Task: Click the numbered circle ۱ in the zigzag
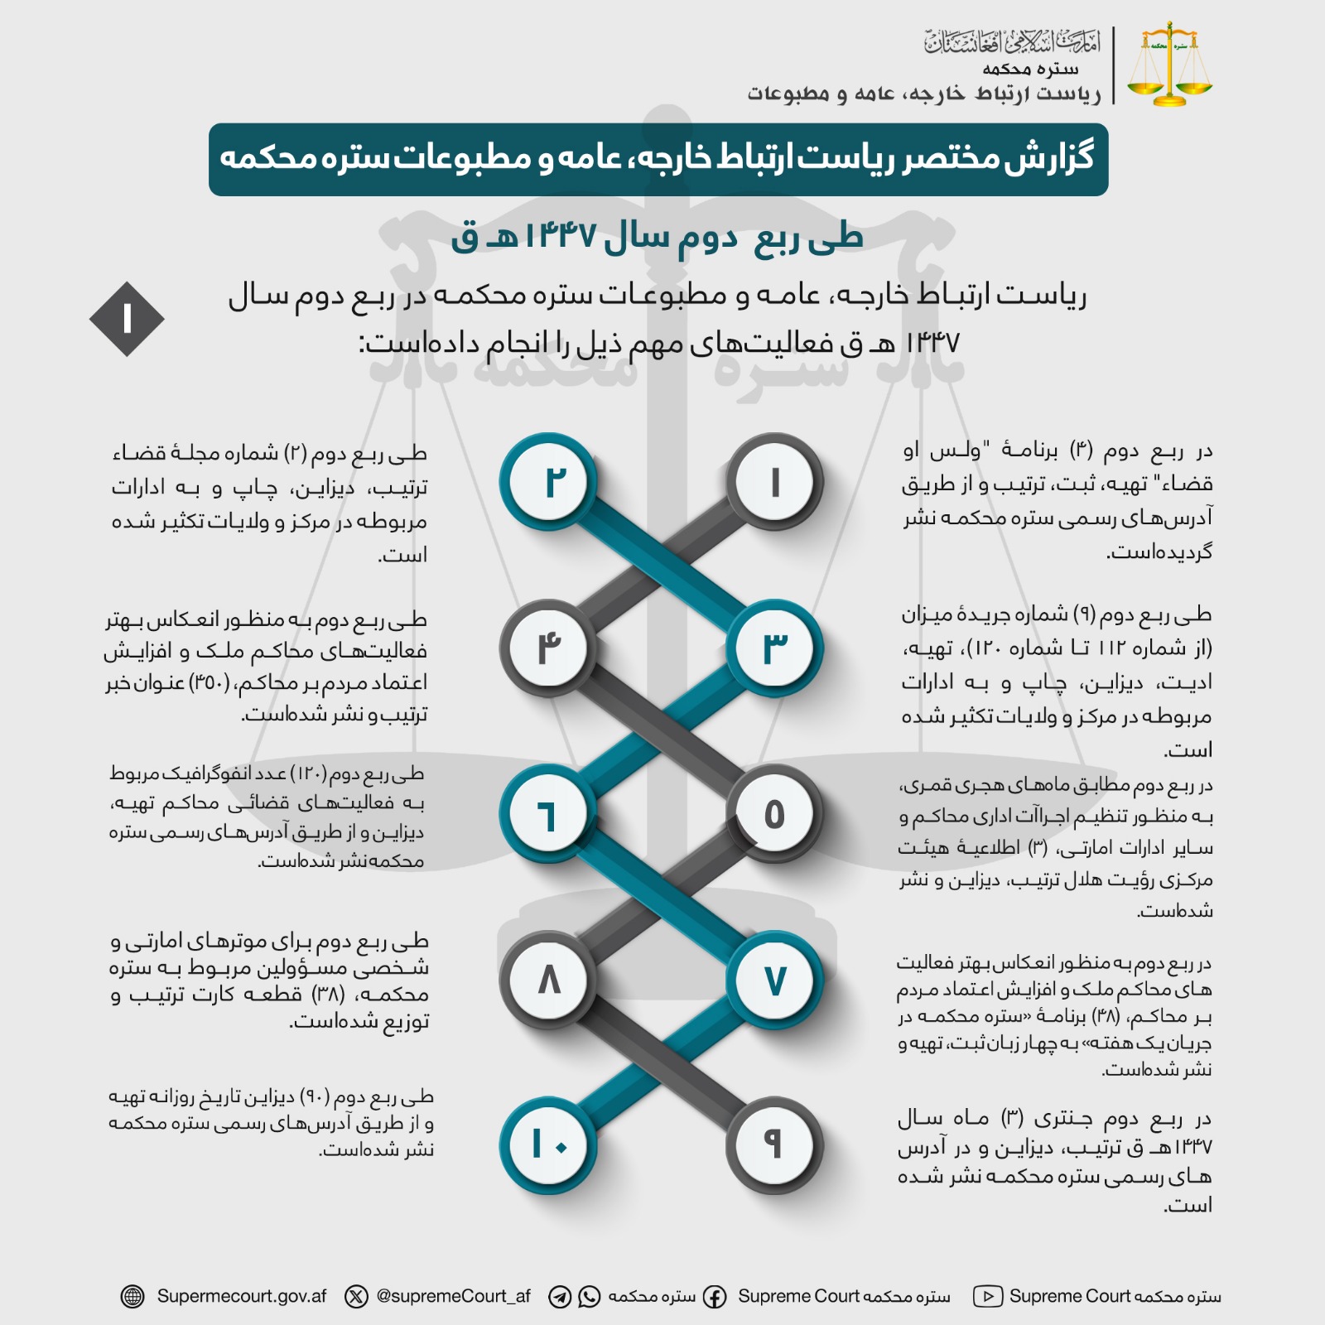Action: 775,482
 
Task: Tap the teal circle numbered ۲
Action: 548,482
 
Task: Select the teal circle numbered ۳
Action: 775,648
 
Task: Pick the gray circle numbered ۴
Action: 548,648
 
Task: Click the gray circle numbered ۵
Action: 775,815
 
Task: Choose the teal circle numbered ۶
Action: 548,815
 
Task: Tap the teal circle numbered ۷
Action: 775,980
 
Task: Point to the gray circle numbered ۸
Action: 548,980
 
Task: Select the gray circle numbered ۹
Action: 775,1145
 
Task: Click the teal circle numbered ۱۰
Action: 548,1145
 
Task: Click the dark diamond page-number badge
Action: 127,320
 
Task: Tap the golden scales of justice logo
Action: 1169,65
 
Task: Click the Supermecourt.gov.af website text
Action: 242,1296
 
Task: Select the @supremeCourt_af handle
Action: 453,1296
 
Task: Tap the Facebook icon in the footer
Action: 715,1297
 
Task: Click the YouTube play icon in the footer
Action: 988,1296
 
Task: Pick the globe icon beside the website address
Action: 132,1297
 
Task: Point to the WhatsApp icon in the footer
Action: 589,1297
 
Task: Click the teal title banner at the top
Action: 658,159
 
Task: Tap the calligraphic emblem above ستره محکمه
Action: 1012,41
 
